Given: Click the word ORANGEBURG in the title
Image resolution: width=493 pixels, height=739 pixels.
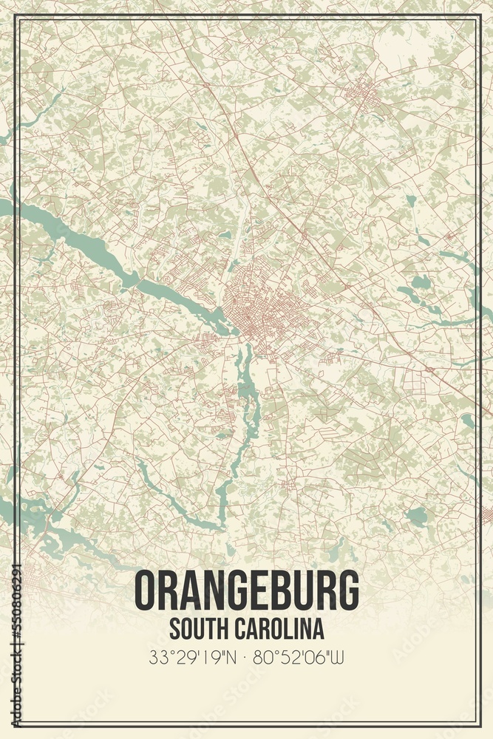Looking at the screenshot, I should point(247,591).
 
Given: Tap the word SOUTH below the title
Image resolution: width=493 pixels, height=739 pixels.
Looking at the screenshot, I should point(194,630).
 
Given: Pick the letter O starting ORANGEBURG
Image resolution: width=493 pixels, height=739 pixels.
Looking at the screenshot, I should point(146,591).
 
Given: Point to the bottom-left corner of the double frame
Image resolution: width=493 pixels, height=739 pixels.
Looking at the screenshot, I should point(17,724).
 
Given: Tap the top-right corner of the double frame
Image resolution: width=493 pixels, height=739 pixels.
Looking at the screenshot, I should point(477,16).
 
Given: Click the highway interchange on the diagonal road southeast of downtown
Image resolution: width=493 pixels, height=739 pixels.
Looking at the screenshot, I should point(429,367).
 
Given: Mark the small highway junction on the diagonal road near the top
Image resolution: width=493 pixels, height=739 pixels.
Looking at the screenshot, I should point(206,85).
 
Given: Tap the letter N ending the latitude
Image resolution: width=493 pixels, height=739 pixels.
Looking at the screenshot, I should point(235,655).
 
